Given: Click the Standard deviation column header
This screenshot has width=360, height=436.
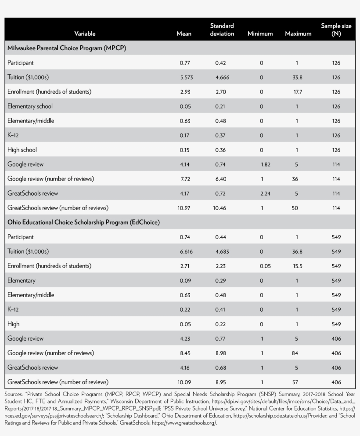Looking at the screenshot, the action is (x=222, y=30).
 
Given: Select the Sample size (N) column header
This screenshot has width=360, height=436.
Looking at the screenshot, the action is (x=336, y=30).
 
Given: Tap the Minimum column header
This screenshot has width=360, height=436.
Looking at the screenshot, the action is (x=260, y=34).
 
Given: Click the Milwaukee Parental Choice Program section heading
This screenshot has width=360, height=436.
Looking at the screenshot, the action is (x=67, y=48).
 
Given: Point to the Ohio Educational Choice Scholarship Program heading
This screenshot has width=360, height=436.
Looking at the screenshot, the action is (x=83, y=222).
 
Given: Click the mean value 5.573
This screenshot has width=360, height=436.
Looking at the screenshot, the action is (x=187, y=77).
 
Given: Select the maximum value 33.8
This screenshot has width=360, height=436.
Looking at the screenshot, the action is (x=297, y=77).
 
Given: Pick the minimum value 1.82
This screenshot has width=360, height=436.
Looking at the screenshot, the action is (x=266, y=164).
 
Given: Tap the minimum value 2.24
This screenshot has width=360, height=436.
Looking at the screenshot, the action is (x=265, y=193).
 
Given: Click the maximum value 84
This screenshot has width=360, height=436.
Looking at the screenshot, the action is (x=295, y=353).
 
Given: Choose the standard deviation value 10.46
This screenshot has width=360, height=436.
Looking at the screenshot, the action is (x=220, y=208).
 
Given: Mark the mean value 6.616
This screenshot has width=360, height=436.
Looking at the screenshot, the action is (x=186, y=252).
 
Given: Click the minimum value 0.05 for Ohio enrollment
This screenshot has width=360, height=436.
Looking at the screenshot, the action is (x=265, y=266).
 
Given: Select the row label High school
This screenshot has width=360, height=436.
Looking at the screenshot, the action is (x=22, y=150).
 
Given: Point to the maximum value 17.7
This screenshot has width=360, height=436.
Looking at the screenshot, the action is (x=298, y=92).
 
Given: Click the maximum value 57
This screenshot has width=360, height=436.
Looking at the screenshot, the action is (x=295, y=382).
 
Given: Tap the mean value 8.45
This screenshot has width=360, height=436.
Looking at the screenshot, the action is (x=185, y=353).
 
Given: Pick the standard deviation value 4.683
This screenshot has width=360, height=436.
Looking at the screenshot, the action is (x=222, y=252).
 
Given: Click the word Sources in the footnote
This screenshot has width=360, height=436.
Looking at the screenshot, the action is (x=13, y=394).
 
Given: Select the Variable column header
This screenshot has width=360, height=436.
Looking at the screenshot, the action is (x=85, y=34).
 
